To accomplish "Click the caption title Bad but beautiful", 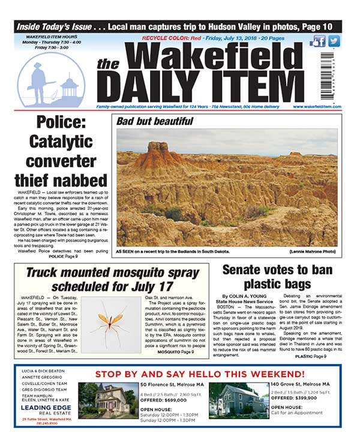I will (x=155, y=121).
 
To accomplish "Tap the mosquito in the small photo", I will (x=109, y=324).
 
